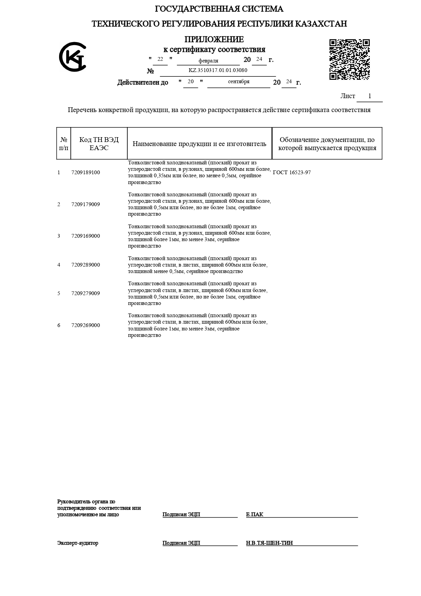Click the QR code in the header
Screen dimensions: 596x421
coord(349,60)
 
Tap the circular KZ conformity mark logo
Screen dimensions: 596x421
coord(73,57)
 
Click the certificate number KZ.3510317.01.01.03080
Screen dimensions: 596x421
coord(218,70)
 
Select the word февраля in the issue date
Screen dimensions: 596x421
coord(208,61)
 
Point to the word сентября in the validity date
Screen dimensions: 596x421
coord(239,82)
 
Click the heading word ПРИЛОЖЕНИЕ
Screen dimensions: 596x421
coord(214,39)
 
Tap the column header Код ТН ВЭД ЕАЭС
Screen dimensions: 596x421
coord(99,144)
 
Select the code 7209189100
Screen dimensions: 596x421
coord(86,173)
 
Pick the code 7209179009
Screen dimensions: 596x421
coord(86,204)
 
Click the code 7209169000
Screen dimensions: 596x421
coord(86,236)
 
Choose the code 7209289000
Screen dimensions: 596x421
coord(86,265)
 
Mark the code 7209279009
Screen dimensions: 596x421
coord(86,293)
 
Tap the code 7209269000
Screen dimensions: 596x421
coord(86,325)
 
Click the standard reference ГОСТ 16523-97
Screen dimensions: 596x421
coord(292,173)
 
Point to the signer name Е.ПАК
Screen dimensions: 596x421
coord(255,514)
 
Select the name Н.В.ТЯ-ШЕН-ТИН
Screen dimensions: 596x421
coord(269,543)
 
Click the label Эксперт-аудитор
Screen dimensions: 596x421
coord(78,543)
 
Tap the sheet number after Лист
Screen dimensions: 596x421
coord(370,96)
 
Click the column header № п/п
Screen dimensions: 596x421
coord(63,144)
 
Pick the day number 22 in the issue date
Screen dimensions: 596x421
coord(160,59)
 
